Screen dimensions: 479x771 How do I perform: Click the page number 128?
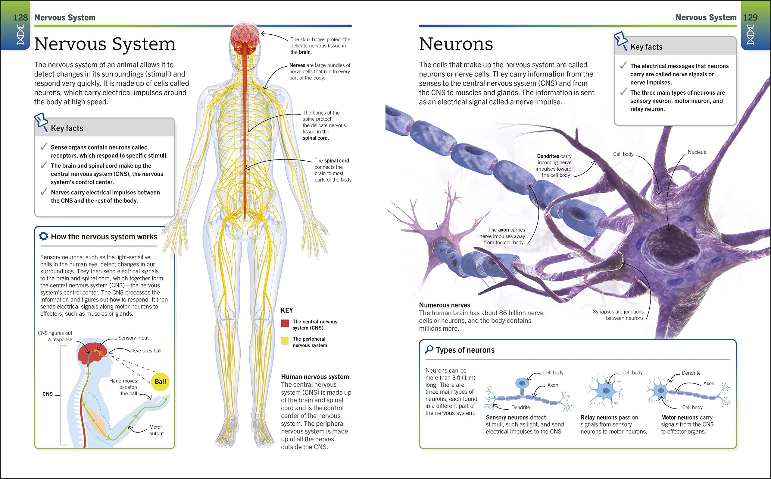(x=20, y=17)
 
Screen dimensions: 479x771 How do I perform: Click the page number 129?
(x=751, y=17)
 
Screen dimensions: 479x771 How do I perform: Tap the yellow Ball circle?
(x=160, y=381)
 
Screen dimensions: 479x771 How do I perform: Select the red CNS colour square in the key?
(x=285, y=323)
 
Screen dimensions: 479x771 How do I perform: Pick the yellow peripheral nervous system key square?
(x=285, y=341)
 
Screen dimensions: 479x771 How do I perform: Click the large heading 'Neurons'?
(x=456, y=44)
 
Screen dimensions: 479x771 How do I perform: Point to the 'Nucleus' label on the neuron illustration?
(x=697, y=152)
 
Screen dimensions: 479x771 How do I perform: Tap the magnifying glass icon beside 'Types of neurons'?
(x=429, y=349)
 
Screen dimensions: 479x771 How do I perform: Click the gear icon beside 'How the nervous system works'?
(x=43, y=236)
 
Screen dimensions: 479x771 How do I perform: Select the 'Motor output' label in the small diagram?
(x=156, y=430)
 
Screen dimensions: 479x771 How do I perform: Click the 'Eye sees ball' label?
(x=147, y=351)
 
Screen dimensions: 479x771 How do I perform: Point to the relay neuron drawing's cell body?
(x=606, y=392)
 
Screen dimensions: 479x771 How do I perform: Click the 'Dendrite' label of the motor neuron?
(x=691, y=373)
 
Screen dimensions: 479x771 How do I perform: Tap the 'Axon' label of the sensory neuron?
(x=553, y=385)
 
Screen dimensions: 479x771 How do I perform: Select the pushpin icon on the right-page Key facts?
(x=620, y=41)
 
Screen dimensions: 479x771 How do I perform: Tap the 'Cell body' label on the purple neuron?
(x=623, y=154)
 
